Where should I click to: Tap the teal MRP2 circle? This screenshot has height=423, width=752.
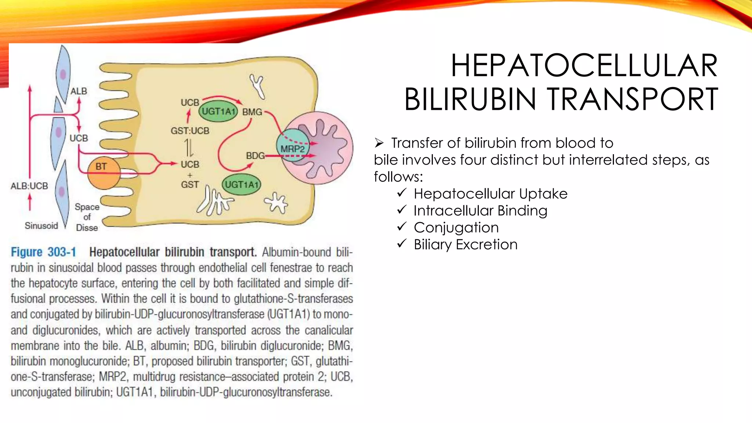coord(293,145)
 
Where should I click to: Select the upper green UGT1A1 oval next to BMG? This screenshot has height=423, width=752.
coord(218,111)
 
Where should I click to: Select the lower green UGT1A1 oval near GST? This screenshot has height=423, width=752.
coord(242,184)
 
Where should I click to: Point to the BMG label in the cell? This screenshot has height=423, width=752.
coord(252,112)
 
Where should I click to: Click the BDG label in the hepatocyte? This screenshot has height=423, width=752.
coord(255,156)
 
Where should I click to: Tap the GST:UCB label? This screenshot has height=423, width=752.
coord(190,131)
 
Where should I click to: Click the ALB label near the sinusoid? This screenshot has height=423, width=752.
coord(79,91)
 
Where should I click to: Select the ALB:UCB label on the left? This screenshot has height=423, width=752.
coord(29,186)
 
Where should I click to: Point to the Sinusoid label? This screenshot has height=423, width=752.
coord(41,225)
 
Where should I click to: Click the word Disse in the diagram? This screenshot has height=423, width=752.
coord(87,228)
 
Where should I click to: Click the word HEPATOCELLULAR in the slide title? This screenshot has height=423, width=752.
coord(584,66)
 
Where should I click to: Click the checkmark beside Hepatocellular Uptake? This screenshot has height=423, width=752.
coord(402,193)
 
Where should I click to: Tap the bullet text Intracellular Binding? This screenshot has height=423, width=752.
coord(480,211)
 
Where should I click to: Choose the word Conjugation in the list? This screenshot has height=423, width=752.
coord(456,228)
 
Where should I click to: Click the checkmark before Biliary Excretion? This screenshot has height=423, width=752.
coord(402,243)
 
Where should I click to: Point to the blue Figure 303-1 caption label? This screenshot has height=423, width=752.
coord(43,252)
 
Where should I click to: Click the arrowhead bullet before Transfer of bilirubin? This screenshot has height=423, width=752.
coord(379,142)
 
